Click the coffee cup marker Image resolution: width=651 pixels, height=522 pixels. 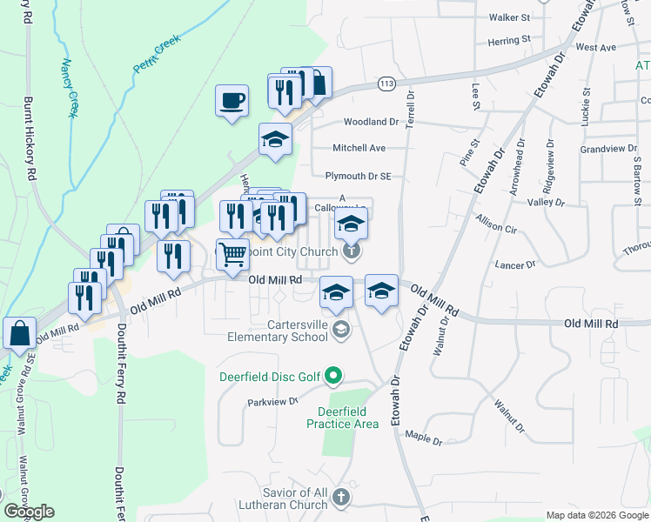(232, 102)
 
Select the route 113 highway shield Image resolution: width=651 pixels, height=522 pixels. (387, 84)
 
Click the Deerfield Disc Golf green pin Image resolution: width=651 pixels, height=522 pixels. (333, 377)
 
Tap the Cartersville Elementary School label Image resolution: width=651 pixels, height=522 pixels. (278, 330)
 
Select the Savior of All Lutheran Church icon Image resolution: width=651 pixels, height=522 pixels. (341, 499)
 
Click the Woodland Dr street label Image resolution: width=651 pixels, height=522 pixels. (370, 123)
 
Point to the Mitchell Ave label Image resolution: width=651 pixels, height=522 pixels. (359, 149)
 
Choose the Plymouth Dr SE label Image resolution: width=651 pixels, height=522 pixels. (358, 176)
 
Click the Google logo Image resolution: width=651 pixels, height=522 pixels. (29, 512)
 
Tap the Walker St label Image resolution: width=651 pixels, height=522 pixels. (509, 17)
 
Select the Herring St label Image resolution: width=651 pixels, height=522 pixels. (509, 40)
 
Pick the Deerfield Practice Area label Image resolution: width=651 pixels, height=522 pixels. (342, 417)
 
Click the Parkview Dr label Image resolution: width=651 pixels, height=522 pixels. (273, 402)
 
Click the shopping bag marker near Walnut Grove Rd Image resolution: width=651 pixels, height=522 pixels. (19, 334)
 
